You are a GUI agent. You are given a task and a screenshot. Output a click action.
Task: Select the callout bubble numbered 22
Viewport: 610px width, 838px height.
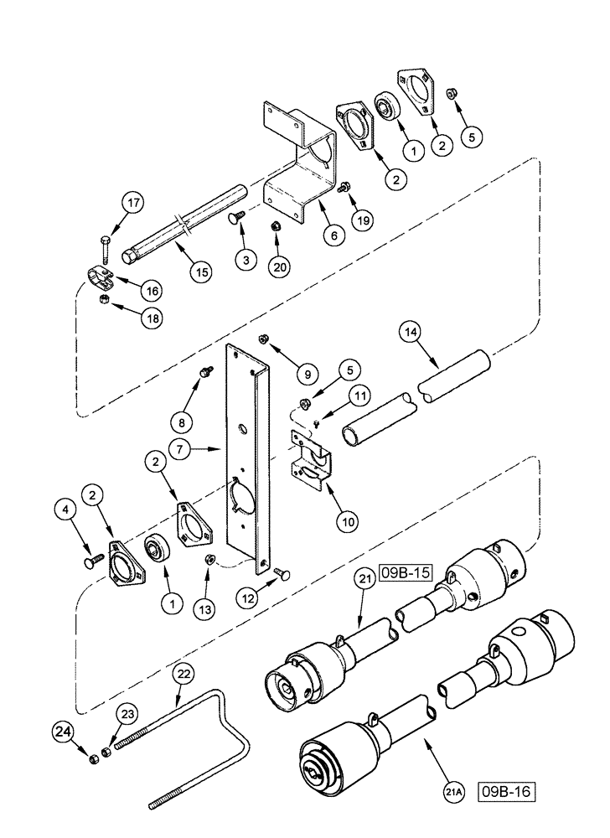[x=184, y=674]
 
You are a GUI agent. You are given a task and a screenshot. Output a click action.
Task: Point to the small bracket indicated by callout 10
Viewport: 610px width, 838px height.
[x=308, y=458]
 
